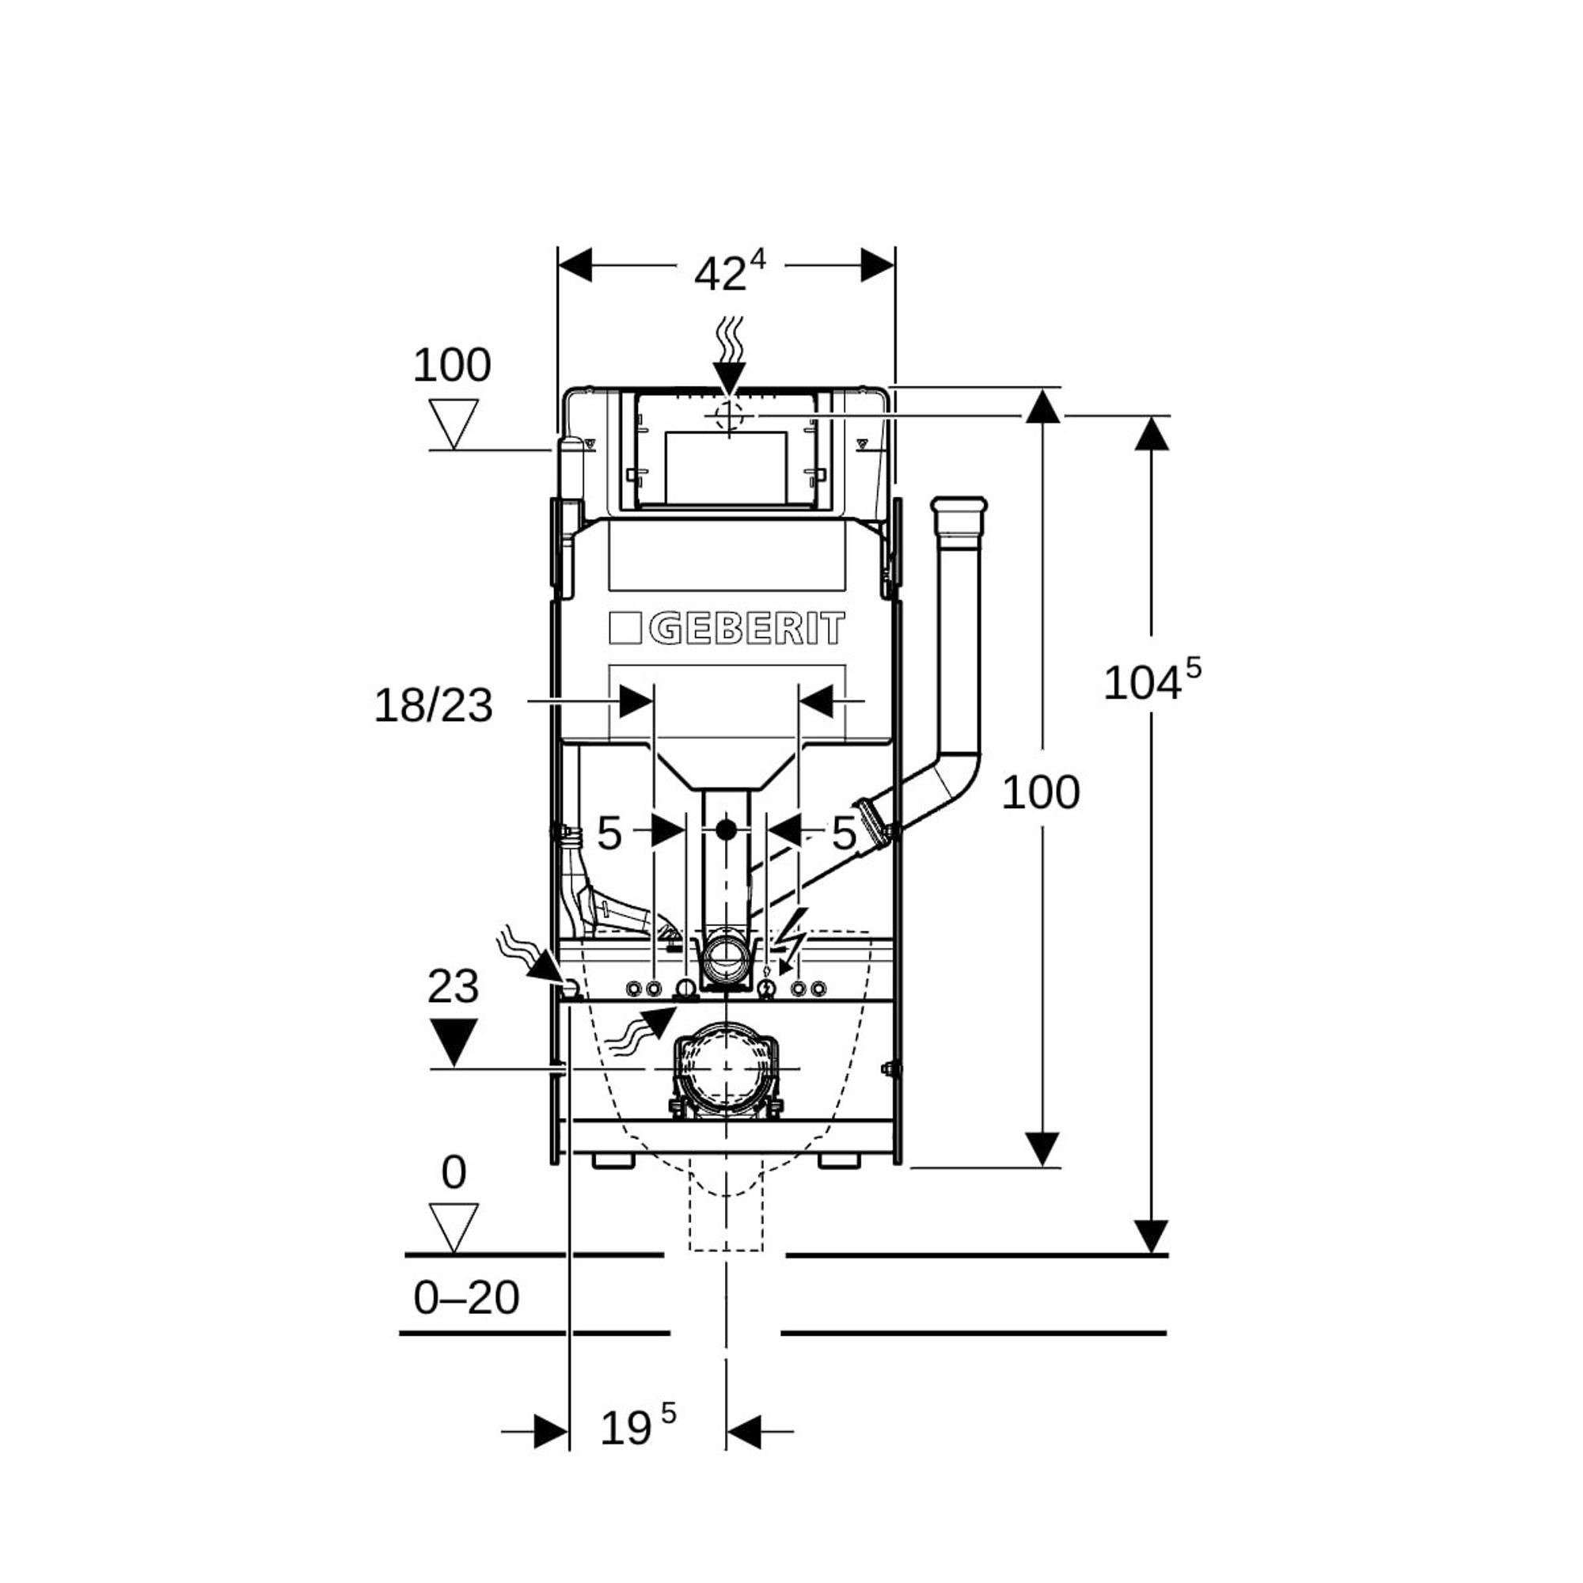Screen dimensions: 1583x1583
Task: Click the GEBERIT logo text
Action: click(746, 630)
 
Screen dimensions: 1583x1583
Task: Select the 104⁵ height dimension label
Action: click(1151, 681)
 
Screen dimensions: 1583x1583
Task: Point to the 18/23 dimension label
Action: click(434, 705)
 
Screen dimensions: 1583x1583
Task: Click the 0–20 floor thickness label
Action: click(466, 1298)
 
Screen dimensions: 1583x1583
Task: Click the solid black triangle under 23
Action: click(453, 1042)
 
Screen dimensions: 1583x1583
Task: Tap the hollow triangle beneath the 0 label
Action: click(453, 1227)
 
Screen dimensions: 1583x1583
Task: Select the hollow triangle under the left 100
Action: click(454, 423)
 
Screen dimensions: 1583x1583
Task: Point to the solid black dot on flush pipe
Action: click(725, 830)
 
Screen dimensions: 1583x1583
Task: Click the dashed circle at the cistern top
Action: click(728, 416)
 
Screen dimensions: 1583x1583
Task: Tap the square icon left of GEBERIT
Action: click(627, 630)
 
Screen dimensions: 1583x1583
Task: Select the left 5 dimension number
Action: click(609, 833)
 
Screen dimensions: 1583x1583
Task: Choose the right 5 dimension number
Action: click(844, 833)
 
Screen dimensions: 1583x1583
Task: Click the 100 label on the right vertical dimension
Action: click(1041, 792)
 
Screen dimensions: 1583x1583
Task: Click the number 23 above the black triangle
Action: click(453, 986)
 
